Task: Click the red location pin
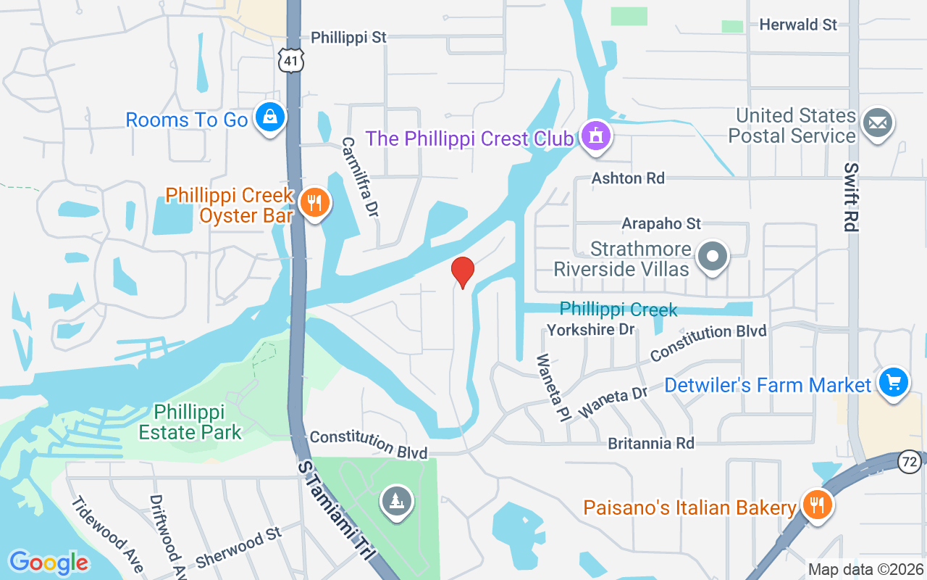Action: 462,271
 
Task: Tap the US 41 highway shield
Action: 290,60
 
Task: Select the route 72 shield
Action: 909,460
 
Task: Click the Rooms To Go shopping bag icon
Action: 269,117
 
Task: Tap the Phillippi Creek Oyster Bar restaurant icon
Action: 314,202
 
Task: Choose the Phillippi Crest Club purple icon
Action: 595,136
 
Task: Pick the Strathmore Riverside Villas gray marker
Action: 713,257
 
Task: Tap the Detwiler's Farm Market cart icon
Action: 893,382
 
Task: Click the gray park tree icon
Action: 397,501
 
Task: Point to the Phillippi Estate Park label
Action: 190,423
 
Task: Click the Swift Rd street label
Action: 851,196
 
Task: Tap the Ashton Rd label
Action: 628,178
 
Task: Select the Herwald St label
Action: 798,25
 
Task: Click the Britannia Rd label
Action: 651,443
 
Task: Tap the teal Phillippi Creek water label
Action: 618,310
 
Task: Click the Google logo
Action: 49,562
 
